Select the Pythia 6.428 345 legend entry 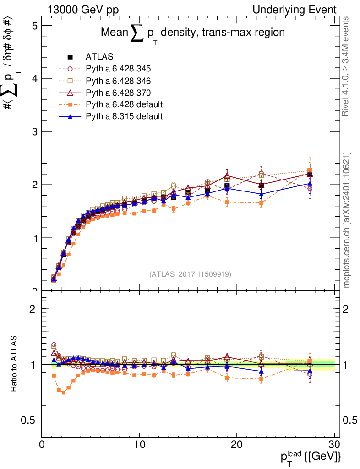[118, 69]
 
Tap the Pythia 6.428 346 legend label [118, 81]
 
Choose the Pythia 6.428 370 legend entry [118, 93]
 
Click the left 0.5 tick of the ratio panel [31, 420]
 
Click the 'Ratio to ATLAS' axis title [15, 364]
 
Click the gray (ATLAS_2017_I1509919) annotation [190, 274]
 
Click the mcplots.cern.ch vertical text [347, 220]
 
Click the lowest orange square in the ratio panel [63, 393]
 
